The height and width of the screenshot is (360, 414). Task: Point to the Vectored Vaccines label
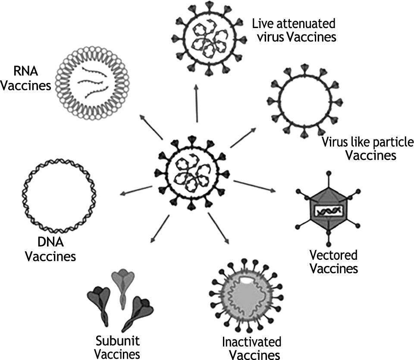pyautogui.click(x=334, y=262)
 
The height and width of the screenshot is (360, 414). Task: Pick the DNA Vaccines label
pyautogui.click(x=50, y=250)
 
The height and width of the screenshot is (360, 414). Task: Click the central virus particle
pyautogui.click(x=194, y=173)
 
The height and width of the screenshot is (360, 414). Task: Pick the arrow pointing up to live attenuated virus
pyautogui.click(x=196, y=104)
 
